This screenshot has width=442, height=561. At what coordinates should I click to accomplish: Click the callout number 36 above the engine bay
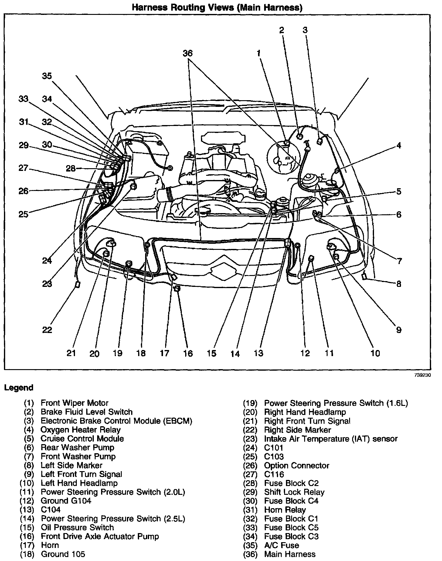pyautogui.click(x=188, y=53)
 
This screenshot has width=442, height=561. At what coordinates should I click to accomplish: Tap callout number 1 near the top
pyautogui.click(x=259, y=54)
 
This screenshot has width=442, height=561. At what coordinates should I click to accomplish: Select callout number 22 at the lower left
pyautogui.click(x=47, y=330)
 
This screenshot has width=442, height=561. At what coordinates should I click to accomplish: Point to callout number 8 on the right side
pyautogui.click(x=399, y=284)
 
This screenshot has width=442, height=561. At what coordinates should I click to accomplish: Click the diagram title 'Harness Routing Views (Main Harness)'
pyautogui.click(x=217, y=8)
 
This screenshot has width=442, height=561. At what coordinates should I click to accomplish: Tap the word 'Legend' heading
pyautogui.click(x=19, y=388)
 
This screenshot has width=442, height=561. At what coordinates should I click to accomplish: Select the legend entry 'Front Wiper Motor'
pyautogui.click(x=74, y=403)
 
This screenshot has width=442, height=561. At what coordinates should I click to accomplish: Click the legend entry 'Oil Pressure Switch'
pyautogui.click(x=77, y=528)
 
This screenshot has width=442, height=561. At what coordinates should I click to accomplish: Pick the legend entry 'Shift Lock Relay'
pyautogui.click(x=294, y=492)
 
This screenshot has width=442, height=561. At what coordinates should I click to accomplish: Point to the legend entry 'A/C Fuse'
pyautogui.click(x=281, y=545)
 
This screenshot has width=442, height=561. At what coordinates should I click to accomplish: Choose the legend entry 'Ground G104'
pyautogui.click(x=66, y=501)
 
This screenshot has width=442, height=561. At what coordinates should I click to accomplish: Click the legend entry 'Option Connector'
pyautogui.click(x=297, y=465)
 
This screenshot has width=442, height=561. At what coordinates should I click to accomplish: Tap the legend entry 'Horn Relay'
pyautogui.click(x=285, y=510)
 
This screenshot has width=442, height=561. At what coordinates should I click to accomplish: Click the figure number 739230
pyautogui.click(x=422, y=375)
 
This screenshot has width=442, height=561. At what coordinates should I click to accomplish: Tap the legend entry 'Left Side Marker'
pyautogui.click(x=71, y=465)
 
